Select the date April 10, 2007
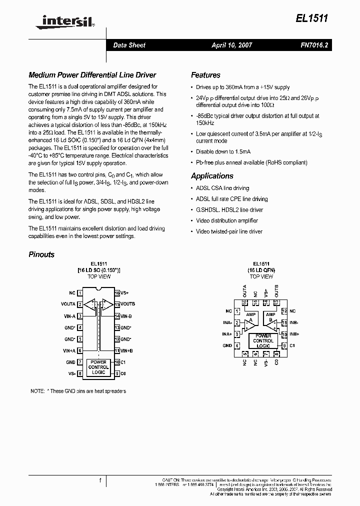(x=231, y=45)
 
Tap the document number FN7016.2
(x=314, y=45)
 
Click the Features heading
(x=205, y=75)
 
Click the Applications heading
(x=212, y=176)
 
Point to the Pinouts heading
(x=41, y=254)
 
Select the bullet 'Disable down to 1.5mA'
(x=223, y=151)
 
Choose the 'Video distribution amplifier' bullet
(x=226, y=220)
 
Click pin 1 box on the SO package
(x=80, y=293)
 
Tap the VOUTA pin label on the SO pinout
(x=68, y=304)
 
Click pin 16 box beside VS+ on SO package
(x=116, y=293)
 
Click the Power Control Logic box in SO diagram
(x=98, y=367)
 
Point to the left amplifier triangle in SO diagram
(x=90, y=303)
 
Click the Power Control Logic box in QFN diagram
(x=263, y=340)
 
